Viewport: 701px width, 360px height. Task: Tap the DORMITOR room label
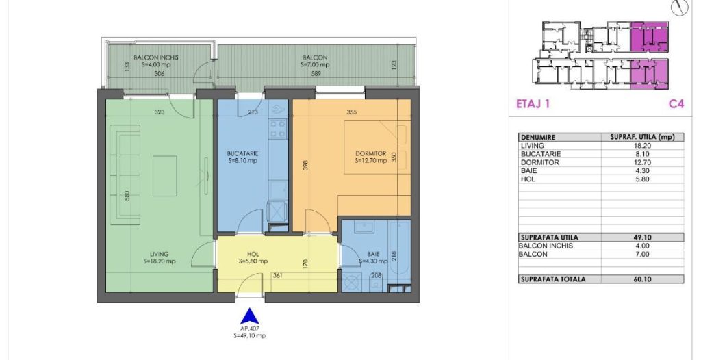click(x=370, y=153)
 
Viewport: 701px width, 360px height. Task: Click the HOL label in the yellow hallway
click(x=253, y=255)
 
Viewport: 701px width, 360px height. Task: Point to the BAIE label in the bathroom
click(x=367, y=255)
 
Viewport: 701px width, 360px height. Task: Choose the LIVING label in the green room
click(x=159, y=255)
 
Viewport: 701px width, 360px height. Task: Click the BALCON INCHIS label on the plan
click(x=156, y=57)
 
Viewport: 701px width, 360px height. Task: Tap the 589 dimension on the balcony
click(x=316, y=74)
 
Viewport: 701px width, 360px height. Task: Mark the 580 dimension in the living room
click(x=127, y=196)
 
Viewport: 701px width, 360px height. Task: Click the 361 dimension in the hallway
click(x=277, y=276)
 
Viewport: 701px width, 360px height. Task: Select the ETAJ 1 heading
click(x=533, y=104)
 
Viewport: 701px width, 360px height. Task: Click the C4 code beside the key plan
click(x=676, y=104)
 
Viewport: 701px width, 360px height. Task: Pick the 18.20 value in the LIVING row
click(x=642, y=146)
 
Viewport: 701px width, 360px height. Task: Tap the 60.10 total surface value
click(x=642, y=279)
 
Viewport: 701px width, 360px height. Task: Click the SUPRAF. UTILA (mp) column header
click(x=642, y=138)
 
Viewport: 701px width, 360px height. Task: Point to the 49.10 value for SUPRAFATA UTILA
click(x=642, y=237)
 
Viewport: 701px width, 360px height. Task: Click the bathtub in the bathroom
click(x=399, y=250)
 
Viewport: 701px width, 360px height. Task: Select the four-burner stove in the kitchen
click(x=277, y=129)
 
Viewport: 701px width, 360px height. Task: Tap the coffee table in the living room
click(x=164, y=176)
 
